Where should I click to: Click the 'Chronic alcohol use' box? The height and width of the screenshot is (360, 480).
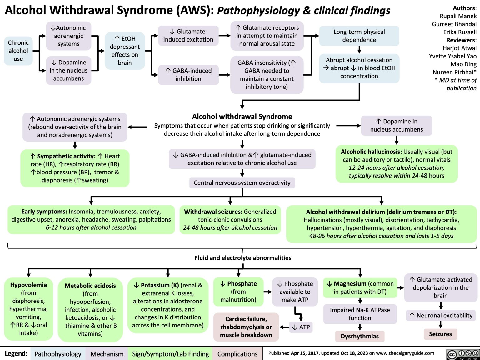click(18, 51)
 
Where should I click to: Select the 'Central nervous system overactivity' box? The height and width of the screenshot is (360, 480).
click(242, 183)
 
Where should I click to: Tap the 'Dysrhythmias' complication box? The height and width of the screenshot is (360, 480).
click(360, 336)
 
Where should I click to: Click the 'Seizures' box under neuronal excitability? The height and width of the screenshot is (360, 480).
click(440, 334)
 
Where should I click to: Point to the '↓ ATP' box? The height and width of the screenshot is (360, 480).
click(301, 327)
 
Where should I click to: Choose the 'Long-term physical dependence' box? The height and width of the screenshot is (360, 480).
click(359, 36)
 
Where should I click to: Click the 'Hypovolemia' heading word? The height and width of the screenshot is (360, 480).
click(28, 285)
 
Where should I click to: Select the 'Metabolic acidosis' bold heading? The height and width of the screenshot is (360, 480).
click(90, 286)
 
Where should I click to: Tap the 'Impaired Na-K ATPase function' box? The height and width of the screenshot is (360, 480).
click(360, 314)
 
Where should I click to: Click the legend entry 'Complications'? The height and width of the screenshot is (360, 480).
click(237, 354)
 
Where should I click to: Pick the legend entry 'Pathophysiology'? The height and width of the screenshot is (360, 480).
click(58, 354)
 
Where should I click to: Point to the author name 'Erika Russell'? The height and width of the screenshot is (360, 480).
click(460, 32)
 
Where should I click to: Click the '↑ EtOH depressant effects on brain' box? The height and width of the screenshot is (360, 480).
click(125, 51)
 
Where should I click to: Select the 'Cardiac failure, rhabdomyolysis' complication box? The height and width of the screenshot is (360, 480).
click(246, 327)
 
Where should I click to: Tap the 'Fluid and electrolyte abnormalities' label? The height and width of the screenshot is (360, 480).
click(243, 258)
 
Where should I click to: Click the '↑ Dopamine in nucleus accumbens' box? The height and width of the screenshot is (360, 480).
click(396, 125)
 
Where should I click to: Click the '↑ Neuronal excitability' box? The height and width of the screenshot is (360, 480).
click(441, 316)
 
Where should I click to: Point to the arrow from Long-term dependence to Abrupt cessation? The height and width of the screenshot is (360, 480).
click(359, 50)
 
